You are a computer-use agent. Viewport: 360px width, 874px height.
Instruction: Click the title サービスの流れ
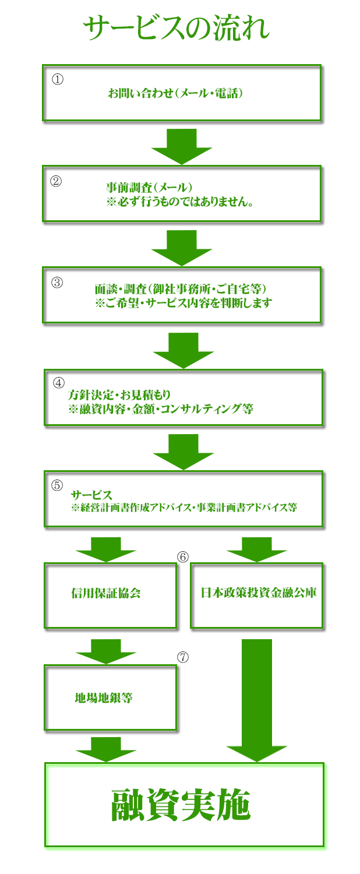pyautogui.click(x=177, y=28)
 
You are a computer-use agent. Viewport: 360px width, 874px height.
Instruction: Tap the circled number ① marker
pyautogui.click(x=58, y=79)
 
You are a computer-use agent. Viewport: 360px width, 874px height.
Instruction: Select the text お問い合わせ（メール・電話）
pyautogui.click(x=175, y=93)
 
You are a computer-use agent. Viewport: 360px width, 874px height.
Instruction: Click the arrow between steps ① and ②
pyautogui.click(x=182, y=146)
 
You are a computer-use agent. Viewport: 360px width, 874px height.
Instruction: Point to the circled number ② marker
pyautogui.click(x=56, y=181)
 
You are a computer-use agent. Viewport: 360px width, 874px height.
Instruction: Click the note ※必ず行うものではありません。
pyautogui.click(x=180, y=202)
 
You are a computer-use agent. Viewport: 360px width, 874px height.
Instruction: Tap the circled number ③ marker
pyautogui.click(x=57, y=283)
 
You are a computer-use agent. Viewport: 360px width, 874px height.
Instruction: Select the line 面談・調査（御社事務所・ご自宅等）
pyautogui.click(x=181, y=289)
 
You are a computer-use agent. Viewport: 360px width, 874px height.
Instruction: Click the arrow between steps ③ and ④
pyautogui.click(x=183, y=350)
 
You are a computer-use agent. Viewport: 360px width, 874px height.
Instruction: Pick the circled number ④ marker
pyautogui.click(x=59, y=383)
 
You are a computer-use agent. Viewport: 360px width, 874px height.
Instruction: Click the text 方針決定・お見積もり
pyautogui.click(x=119, y=395)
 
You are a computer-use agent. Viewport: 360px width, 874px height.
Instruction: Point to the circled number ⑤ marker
pyautogui.click(x=57, y=485)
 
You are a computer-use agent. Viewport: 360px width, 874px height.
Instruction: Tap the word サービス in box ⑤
pyautogui.click(x=91, y=495)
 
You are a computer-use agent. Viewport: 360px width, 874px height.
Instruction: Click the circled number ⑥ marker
pyautogui.click(x=183, y=557)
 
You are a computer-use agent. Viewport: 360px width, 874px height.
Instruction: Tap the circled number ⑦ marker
pyautogui.click(x=183, y=657)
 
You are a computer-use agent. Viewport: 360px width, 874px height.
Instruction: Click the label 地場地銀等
pyautogui.click(x=104, y=697)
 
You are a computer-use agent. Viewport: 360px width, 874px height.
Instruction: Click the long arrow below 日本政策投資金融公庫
pyautogui.click(x=257, y=700)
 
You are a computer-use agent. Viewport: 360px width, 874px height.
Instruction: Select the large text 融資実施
pyautogui.click(x=181, y=805)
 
